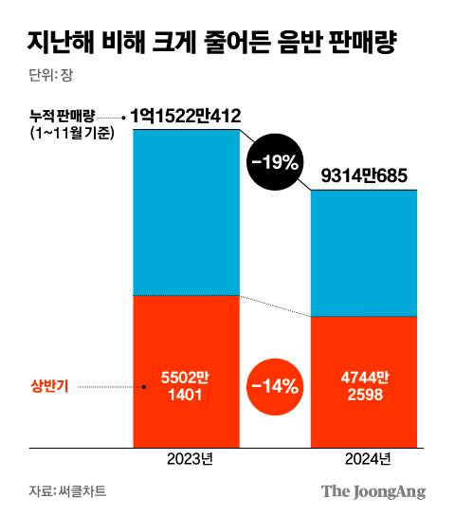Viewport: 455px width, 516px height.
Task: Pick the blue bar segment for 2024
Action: [x=364, y=252]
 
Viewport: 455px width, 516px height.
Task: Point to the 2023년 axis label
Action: [x=186, y=460]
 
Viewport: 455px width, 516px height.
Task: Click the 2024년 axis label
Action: [x=364, y=460]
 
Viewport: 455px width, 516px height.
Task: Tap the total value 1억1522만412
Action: [x=186, y=116]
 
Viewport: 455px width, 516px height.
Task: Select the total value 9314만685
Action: [x=364, y=176]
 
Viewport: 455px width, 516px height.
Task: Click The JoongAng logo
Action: [x=373, y=491]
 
